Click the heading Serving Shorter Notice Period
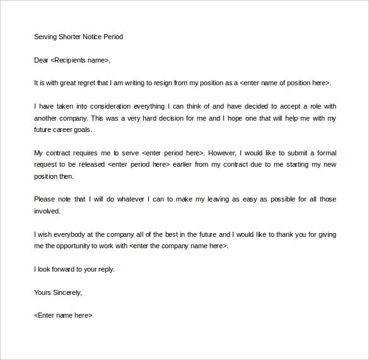point(78,37)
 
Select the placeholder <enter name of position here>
point(285,83)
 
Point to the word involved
point(47,211)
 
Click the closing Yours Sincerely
point(57,292)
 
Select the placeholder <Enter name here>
point(63,315)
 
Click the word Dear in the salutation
point(41,60)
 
